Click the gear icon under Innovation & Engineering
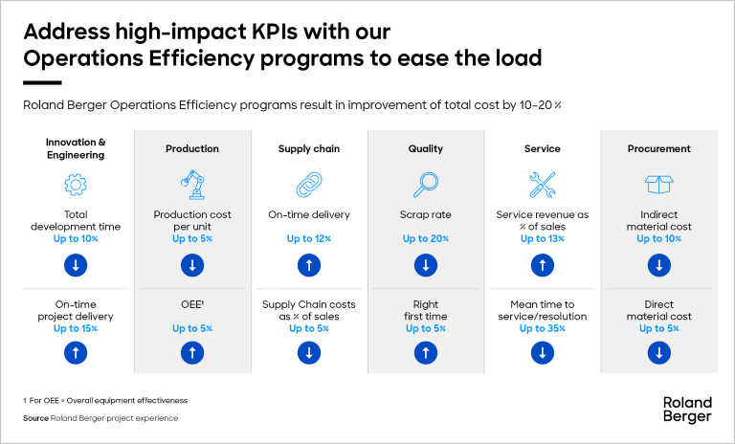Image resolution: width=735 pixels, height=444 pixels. pyautogui.click(x=75, y=184)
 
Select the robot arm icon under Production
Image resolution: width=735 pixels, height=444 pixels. pyautogui.click(x=192, y=184)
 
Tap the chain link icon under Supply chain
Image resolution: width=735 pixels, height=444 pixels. pyautogui.click(x=308, y=184)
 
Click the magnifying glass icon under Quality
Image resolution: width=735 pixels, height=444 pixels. pyautogui.click(x=425, y=184)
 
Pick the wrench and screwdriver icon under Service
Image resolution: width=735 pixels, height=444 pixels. pyautogui.click(x=543, y=184)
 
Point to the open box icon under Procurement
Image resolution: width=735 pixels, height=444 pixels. pyautogui.click(x=658, y=184)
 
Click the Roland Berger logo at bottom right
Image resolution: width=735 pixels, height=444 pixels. pyautogui.click(x=686, y=410)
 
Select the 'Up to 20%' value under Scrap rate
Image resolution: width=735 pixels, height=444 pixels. pyautogui.click(x=425, y=239)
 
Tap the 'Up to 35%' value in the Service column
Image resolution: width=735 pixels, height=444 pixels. pyautogui.click(x=543, y=328)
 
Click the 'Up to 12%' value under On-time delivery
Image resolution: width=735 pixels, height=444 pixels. pyautogui.click(x=308, y=239)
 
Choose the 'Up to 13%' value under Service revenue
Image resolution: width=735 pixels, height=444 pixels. pyautogui.click(x=543, y=239)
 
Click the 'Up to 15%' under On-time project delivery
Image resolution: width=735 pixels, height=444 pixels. pyautogui.click(x=75, y=328)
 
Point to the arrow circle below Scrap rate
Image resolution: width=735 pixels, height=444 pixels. pyautogui.click(x=425, y=264)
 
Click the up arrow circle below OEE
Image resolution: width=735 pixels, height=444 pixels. pyautogui.click(x=192, y=353)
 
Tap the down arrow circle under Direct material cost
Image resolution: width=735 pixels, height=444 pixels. pyautogui.click(x=658, y=353)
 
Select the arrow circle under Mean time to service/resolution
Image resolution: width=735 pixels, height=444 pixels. pyautogui.click(x=543, y=353)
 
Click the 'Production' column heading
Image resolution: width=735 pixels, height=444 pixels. pyautogui.click(x=192, y=149)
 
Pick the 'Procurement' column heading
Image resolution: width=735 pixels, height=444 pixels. pyautogui.click(x=658, y=149)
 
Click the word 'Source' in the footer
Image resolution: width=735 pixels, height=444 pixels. pyautogui.click(x=36, y=418)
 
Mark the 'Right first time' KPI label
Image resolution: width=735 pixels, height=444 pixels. pyautogui.click(x=425, y=311)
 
